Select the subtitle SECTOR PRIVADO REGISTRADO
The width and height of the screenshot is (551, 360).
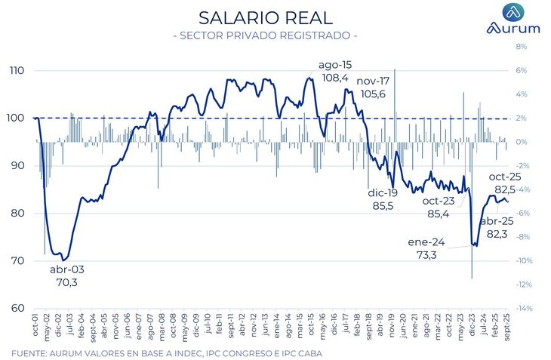coord(265,35)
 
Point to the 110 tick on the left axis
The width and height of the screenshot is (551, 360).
coord(17,71)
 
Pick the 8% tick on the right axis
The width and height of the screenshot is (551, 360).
coord(521,47)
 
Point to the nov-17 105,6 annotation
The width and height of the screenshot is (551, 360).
coord(372,88)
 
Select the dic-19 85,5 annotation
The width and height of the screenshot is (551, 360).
coord(381,199)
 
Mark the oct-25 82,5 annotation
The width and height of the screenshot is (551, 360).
coord(504,183)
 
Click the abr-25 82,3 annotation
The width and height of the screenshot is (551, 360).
coord(497,228)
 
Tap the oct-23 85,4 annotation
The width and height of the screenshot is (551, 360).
coord(439,208)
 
